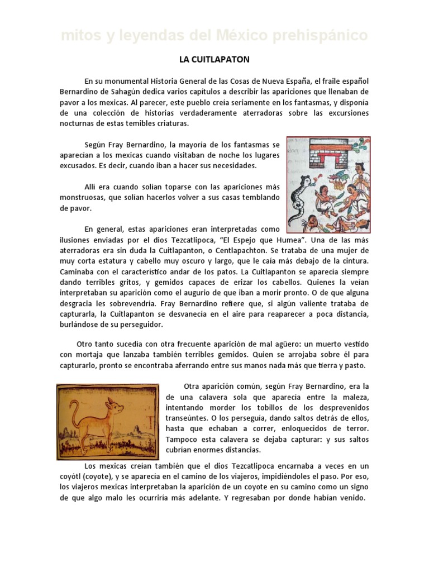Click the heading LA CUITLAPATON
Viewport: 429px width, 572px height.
[214, 58]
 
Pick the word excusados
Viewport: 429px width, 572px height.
[78, 166]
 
